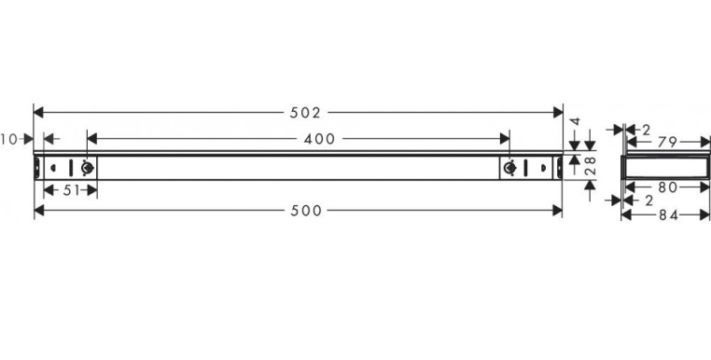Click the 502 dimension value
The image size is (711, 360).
click(x=305, y=113)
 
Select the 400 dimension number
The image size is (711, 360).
click(x=319, y=139)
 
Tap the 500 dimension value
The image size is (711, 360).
click(x=306, y=211)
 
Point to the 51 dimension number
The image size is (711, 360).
click(x=71, y=190)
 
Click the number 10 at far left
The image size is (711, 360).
click(x=8, y=139)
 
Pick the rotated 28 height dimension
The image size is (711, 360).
click(x=591, y=166)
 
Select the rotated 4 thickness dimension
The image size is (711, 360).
click(x=575, y=121)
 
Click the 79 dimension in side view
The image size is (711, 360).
click(x=667, y=143)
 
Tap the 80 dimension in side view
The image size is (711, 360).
click(x=667, y=187)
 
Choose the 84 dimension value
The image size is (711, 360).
click(x=668, y=215)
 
